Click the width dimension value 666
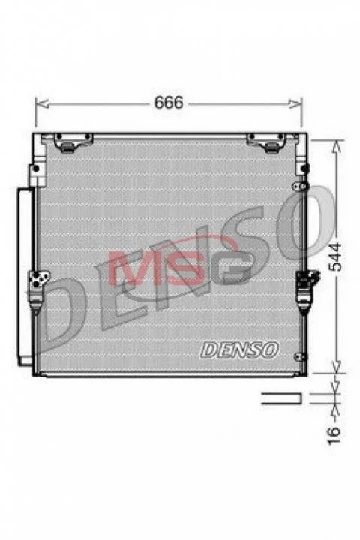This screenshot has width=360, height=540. tap(169, 102)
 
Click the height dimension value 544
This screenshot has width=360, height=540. tap(334, 256)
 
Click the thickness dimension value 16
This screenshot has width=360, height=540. tap(334, 435)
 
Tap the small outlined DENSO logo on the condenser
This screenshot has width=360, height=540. tap(239, 349)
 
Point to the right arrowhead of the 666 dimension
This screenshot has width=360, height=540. tap(295, 103)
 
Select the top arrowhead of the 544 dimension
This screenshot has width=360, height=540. tap(337, 147)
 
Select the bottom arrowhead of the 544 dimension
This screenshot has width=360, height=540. tap(337, 367)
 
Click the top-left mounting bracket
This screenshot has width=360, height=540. tap(73, 142)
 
